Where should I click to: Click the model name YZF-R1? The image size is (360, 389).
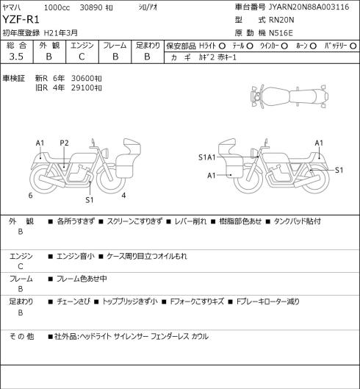pyautogui.click(x=21, y=20)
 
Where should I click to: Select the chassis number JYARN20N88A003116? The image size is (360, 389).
pyautogui.click(x=309, y=7)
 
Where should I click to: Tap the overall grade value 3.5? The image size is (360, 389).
pyautogui.click(x=16, y=57)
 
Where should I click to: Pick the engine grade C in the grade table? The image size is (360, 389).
pyautogui.click(x=82, y=57)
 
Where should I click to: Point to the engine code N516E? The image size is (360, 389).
pyautogui.click(x=281, y=33)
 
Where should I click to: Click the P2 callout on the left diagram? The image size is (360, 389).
pyautogui.click(x=64, y=143)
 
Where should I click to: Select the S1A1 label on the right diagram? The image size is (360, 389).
pyautogui.click(x=207, y=157)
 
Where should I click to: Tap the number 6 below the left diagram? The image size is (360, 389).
pyautogui.click(x=30, y=196)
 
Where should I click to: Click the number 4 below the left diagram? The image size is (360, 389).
pyautogui.click(x=123, y=196)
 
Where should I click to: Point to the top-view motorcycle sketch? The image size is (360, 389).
pyautogui.click(x=289, y=96)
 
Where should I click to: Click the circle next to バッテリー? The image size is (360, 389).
pyautogui.click(x=354, y=46)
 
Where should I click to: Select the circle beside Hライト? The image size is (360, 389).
pyautogui.click(x=222, y=46)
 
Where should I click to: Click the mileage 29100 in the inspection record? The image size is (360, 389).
pyautogui.click(x=82, y=88)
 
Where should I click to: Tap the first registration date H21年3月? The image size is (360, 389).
pyautogui.click(x=61, y=33)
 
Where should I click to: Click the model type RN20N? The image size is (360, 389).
pyautogui.click(x=281, y=20)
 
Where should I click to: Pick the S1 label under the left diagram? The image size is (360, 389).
pyautogui.click(x=90, y=200)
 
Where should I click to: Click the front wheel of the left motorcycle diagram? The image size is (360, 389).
pyautogui.click(x=111, y=179)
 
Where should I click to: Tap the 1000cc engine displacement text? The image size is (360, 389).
pyautogui.click(x=57, y=7)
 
